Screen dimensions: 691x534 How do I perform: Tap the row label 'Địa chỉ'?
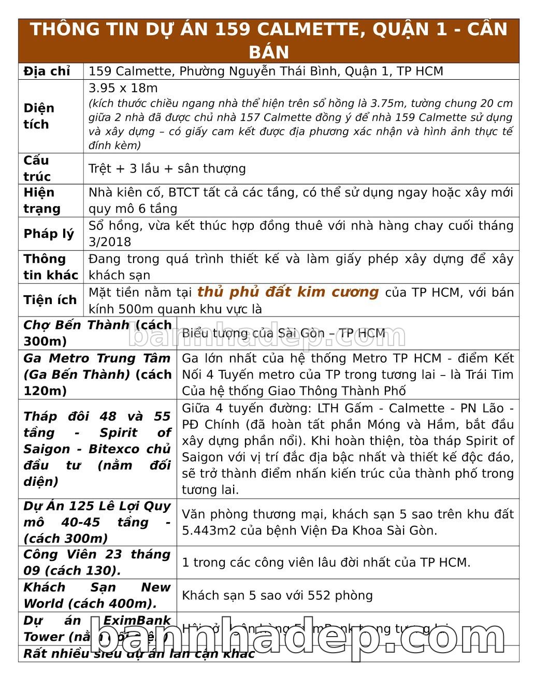coord(47,71)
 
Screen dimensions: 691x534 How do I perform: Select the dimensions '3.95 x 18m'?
coord(123,88)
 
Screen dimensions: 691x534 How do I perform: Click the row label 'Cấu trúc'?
coord(37,168)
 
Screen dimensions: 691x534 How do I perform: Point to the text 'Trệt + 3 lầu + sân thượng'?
coord(167,169)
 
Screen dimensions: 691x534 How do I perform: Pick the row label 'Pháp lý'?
coord(49,234)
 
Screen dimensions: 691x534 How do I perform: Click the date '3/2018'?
coord(110,242)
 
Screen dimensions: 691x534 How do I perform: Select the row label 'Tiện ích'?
coord(50,300)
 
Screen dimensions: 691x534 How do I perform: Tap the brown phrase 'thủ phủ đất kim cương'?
coord(287,292)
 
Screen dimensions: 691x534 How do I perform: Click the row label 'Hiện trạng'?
coord(42,200)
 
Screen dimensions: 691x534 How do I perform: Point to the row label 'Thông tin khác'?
coord(50,267)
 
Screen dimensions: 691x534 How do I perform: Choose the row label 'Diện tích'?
coord(39,116)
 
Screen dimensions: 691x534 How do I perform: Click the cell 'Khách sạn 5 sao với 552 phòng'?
coord(277,596)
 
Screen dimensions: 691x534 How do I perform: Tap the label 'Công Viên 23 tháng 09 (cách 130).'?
coord(97,563)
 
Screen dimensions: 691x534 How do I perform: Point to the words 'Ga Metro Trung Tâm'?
coord(97,358)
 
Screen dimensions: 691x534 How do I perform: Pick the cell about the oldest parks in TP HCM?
coord(326,563)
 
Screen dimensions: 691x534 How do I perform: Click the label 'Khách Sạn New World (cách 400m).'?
coord(97,596)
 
